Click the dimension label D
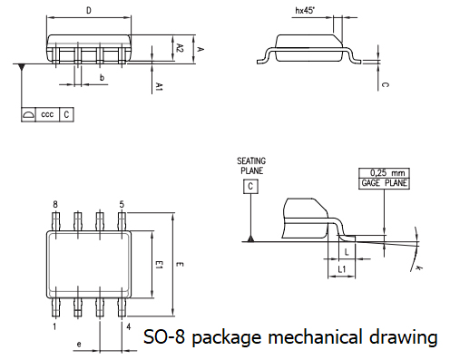coord(88,11)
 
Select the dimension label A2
coord(181,47)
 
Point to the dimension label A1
coord(159,86)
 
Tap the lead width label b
coord(103,79)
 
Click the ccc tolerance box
coord(47,115)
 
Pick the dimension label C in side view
coord(385,85)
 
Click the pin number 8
coord(55,205)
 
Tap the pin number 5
coord(122,205)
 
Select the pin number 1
coord(55,325)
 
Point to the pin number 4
coord(128,325)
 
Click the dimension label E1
coord(158,265)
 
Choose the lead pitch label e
coord(80,345)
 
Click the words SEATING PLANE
coord(251,164)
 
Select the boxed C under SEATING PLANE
coord(249,186)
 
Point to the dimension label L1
coord(341,270)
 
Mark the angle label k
coord(420,268)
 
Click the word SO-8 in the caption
coord(165,337)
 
